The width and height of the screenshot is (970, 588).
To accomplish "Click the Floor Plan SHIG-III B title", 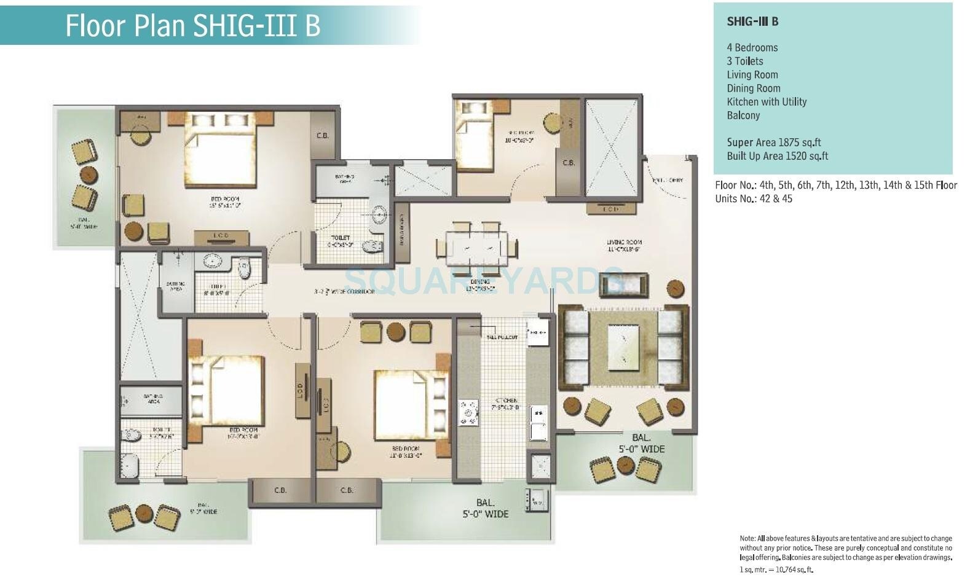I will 192,25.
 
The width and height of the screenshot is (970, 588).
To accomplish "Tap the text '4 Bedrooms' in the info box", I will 752,48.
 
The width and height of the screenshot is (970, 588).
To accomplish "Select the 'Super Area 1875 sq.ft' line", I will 773,143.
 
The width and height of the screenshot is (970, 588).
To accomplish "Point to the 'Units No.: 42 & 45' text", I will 753,199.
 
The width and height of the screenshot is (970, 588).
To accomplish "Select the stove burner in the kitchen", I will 468,412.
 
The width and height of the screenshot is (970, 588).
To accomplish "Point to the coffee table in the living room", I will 623,347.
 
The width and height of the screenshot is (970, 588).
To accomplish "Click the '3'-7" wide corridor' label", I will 344,291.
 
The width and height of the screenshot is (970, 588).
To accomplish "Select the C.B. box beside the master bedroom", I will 322,136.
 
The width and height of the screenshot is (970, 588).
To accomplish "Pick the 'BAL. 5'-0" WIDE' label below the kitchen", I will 485,509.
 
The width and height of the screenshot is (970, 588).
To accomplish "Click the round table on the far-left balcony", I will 89,174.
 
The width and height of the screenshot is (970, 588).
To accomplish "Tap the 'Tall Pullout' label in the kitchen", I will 502,337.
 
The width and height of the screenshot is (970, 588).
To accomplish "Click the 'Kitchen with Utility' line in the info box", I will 766,102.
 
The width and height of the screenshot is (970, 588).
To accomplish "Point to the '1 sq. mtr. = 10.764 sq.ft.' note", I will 776,570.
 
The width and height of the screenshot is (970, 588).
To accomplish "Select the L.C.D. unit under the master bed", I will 221,236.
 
